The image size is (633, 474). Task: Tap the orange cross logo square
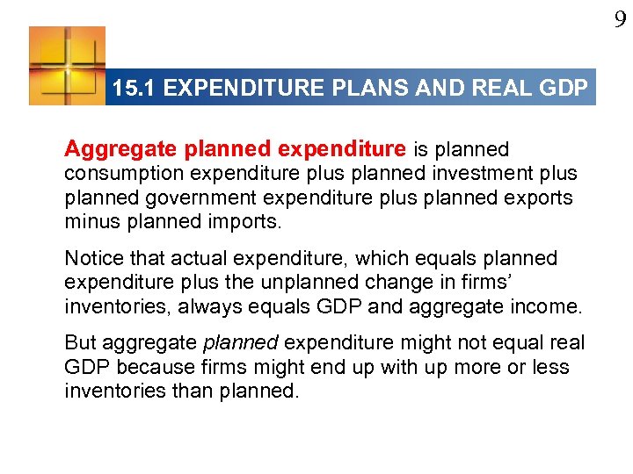coord(67,66)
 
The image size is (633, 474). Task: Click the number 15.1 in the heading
coord(135,89)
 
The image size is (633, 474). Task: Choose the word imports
coord(239,221)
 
